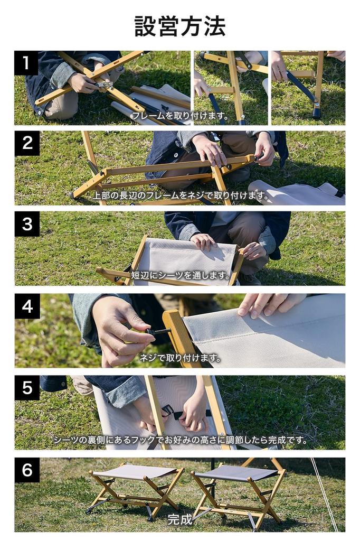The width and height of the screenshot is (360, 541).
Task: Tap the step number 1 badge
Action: click(26, 63)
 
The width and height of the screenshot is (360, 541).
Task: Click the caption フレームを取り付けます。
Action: click(179, 115)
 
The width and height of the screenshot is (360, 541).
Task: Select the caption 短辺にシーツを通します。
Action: click(181, 275)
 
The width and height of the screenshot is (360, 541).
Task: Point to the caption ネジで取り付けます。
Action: click(180, 358)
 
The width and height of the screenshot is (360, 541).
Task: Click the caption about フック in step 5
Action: click(180, 440)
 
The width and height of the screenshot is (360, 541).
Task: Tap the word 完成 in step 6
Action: click(180, 519)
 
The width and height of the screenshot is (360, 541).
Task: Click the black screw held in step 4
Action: click(157, 332)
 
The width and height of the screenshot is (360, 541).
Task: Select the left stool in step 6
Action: click(135, 489)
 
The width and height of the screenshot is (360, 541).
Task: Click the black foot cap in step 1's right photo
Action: click(316, 113)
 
